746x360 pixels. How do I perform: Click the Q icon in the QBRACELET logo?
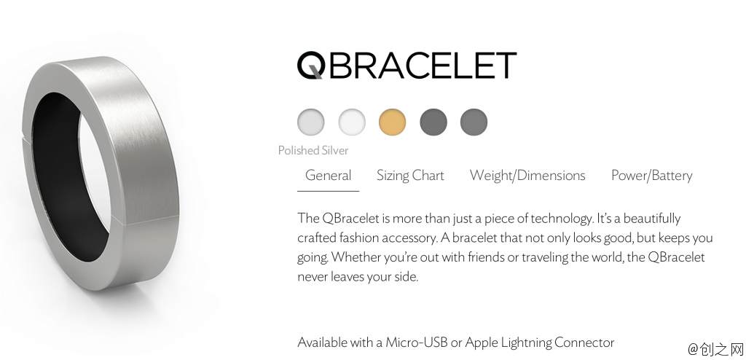click(311, 65)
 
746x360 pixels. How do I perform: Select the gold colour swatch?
click(392, 122)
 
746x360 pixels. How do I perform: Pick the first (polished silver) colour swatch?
click(311, 122)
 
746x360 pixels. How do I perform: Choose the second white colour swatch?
click(352, 122)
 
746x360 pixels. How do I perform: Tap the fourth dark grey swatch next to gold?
click(433, 122)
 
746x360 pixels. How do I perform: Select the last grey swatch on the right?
click(474, 122)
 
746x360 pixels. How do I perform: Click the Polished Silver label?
click(313, 151)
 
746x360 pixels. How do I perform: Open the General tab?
click(328, 176)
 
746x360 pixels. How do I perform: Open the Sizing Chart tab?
click(410, 176)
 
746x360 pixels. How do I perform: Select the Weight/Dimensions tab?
click(527, 176)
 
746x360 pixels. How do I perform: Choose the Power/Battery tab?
click(651, 176)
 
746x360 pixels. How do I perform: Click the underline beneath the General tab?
click(328, 191)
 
